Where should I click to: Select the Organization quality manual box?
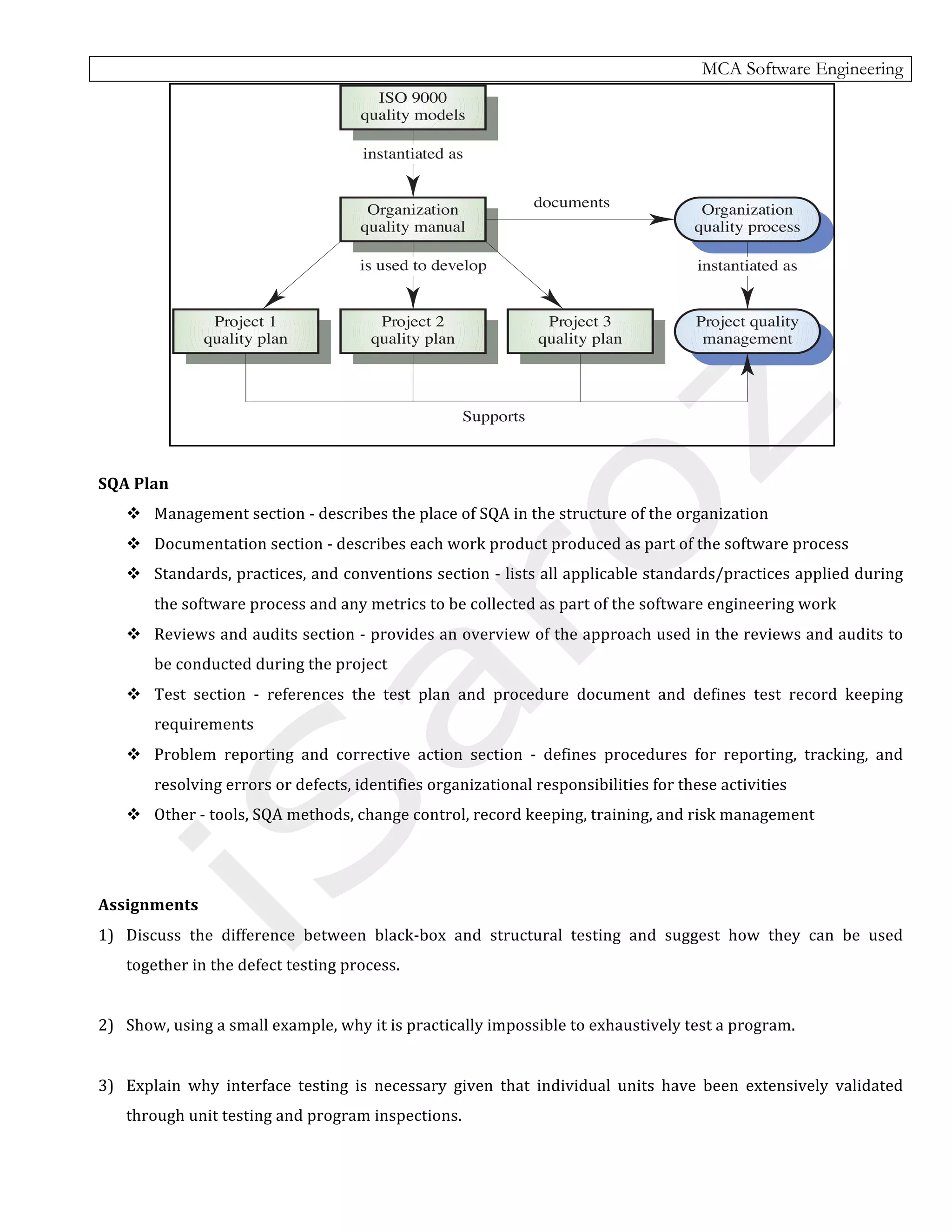coord(412,219)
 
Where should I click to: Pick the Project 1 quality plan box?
coord(245,331)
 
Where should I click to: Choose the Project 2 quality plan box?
coord(412,331)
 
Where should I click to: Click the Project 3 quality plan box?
coord(579,331)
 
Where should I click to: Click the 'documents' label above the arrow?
coord(571,203)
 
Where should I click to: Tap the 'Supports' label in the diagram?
coord(494,416)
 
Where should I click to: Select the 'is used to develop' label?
coord(423,265)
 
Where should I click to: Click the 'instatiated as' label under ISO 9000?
coord(412,154)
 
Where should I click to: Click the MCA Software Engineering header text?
coord(801,69)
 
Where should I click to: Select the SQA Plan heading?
coord(133,484)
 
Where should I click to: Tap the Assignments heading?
coord(148,905)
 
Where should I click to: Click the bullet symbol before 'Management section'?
coord(134,513)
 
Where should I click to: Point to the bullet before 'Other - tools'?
coord(134,814)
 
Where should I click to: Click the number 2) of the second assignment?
coord(106,1025)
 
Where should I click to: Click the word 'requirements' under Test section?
coord(204,724)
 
